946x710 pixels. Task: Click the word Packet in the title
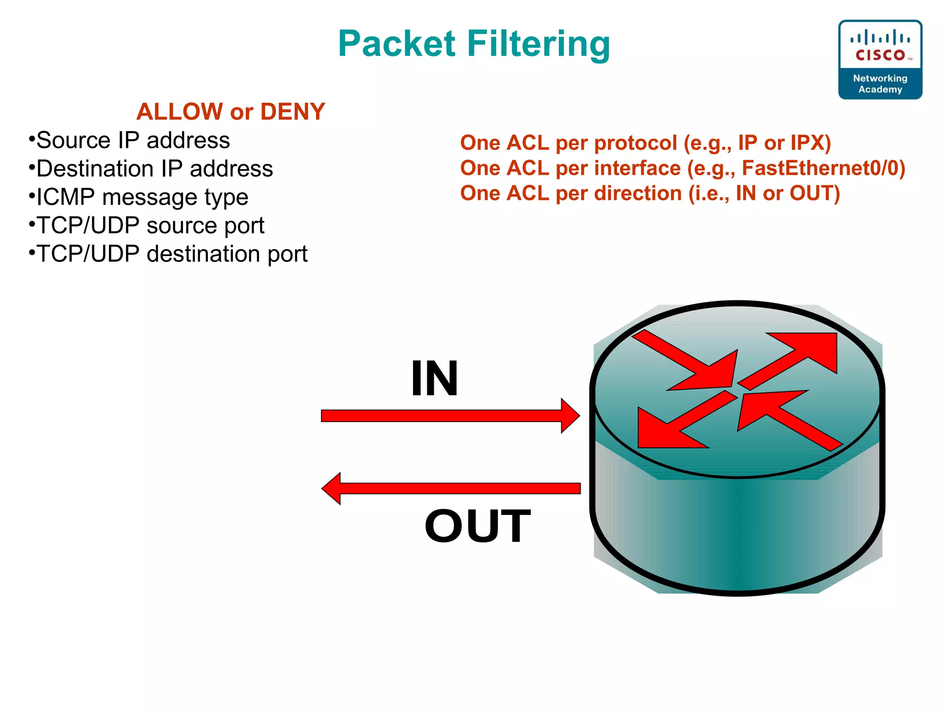[397, 44]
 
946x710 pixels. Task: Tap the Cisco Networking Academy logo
[880, 60]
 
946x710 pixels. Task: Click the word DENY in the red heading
[293, 112]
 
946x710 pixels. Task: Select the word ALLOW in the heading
[180, 112]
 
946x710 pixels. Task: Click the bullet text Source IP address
[133, 141]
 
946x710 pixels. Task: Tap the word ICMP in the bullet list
[66, 197]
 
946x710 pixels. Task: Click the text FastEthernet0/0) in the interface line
[823, 168]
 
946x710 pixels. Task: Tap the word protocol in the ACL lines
[636, 143]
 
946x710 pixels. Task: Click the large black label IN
[434, 378]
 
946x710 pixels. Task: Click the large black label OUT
[478, 526]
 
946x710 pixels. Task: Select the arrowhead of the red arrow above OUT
[332, 489]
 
